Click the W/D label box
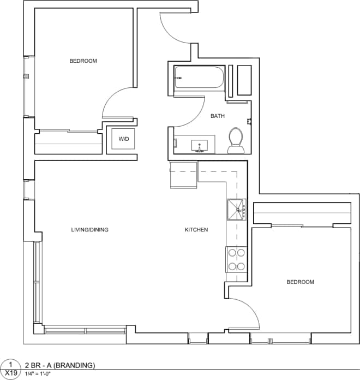click(x=124, y=140)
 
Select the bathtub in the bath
click(x=199, y=78)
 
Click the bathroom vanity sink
click(x=200, y=146)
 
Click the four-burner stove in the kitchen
click(x=237, y=259)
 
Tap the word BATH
click(x=218, y=116)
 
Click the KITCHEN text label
click(x=196, y=230)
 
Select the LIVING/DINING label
click(x=90, y=230)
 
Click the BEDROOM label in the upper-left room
click(x=83, y=61)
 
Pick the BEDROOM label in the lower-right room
click(x=301, y=282)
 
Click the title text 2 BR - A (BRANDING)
click(x=60, y=365)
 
